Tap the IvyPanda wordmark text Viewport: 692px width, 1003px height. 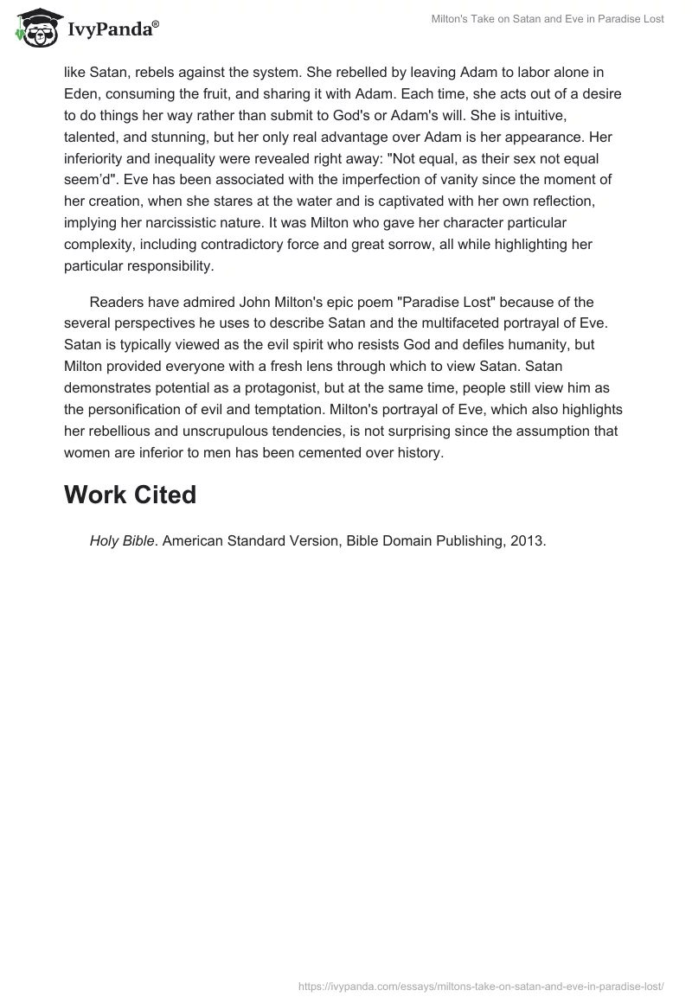click(112, 30)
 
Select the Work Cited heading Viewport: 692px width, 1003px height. click(130, 495)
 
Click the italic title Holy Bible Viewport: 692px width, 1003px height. click(121, 541)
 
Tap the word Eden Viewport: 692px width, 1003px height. click(82, 93)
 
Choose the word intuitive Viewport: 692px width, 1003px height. click(572, 137)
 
